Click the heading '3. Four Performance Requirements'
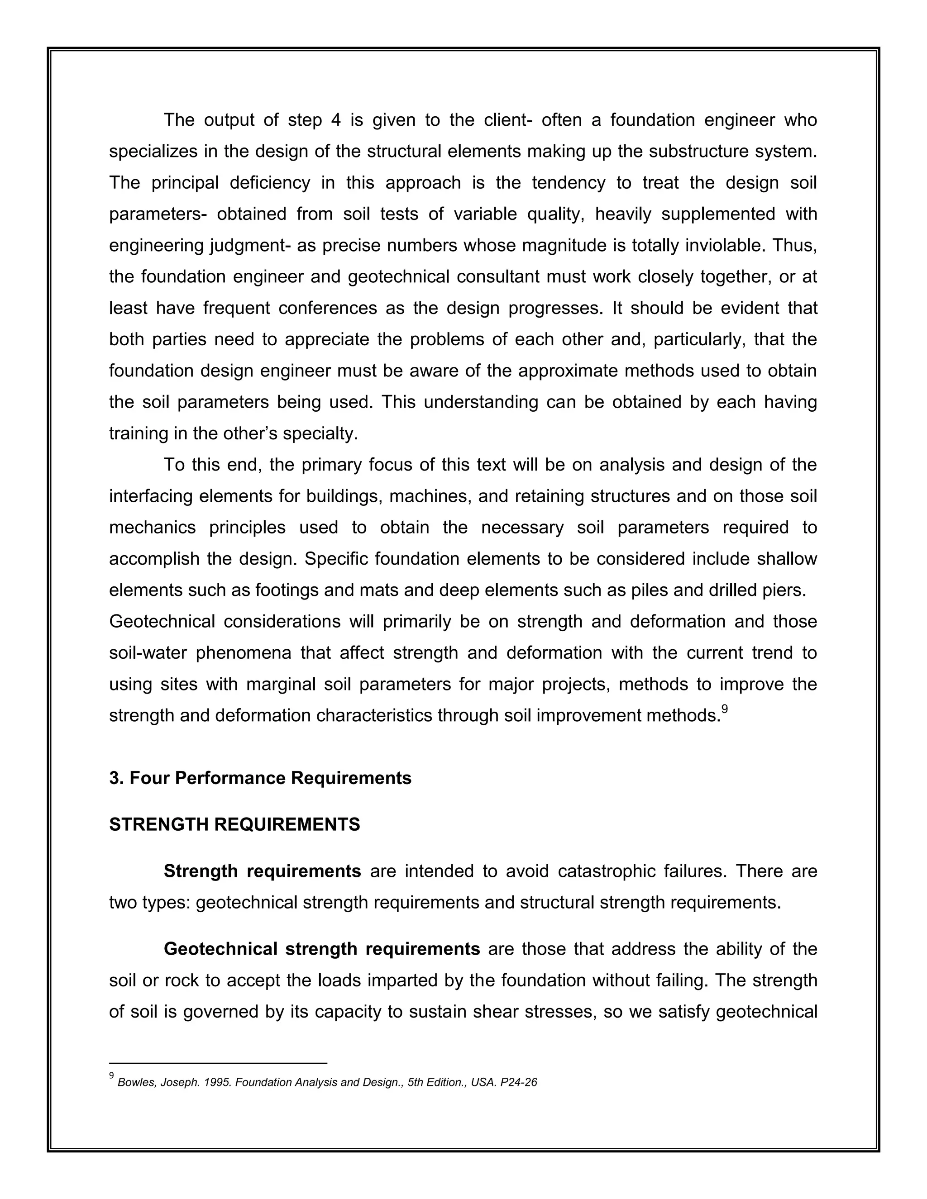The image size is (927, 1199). [260, 779]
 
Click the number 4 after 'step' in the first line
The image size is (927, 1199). [336, 120]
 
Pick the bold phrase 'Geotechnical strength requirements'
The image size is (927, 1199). [322, 949]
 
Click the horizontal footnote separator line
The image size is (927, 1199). [218, 1063]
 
